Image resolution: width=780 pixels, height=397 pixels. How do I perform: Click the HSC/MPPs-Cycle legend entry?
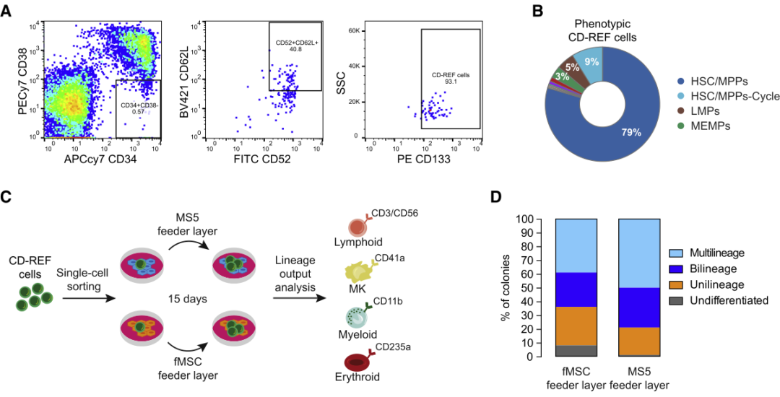(728, 97)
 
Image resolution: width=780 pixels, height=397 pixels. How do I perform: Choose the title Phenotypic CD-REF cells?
(605, 31)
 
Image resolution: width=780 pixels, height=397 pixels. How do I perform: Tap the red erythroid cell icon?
(358, 362)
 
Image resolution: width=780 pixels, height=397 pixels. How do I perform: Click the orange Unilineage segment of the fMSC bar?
(576, 326)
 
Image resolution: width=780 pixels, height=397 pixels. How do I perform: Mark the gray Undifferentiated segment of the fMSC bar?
(576, 351)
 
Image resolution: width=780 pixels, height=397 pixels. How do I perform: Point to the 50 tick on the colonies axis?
(539, 288)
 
